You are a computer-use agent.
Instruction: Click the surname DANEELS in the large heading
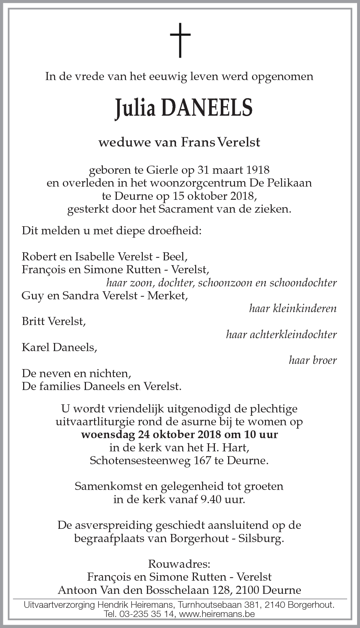pos(207,109)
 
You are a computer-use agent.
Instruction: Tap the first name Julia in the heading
pos(136,109)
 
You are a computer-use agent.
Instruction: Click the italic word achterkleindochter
pos(281,335)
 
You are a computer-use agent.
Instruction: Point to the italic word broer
pos(323,360)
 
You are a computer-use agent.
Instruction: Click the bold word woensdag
pos(108,435)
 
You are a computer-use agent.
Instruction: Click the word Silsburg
pos(261,538)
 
